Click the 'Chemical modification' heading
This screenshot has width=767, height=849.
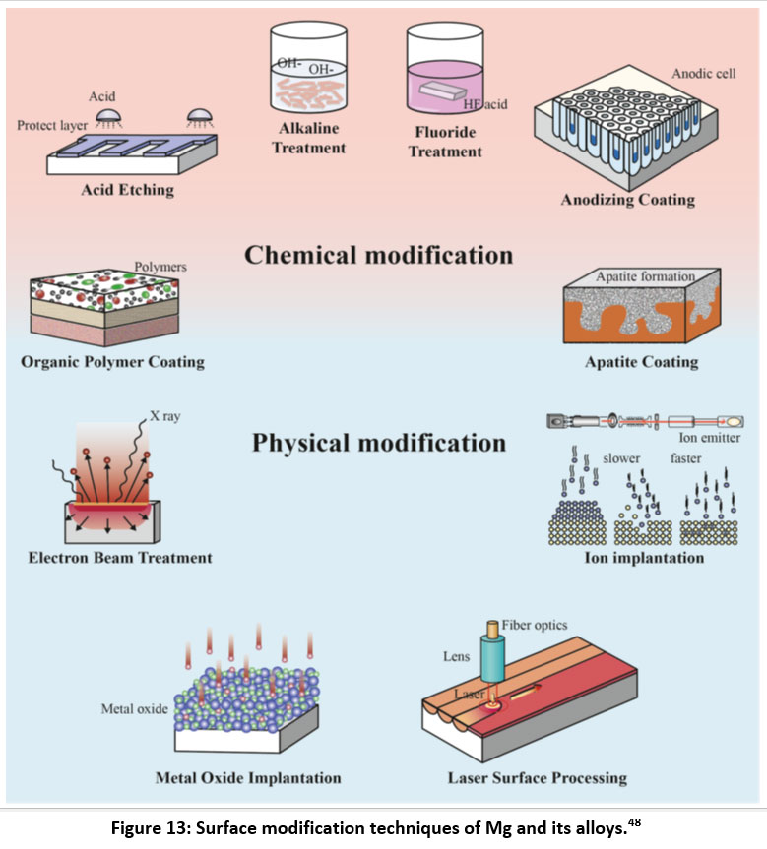(x=378, y=256)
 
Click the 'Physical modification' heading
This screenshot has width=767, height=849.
(x=379, y=443)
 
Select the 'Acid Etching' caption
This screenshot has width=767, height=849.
(x=127, y=190)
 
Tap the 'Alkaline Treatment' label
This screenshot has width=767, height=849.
(x=309, y=139)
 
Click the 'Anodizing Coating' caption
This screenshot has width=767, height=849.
(x=627, y=200)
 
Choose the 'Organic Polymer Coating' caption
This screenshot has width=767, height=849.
(x=112, y=361)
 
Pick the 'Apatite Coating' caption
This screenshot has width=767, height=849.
(x=641, y=362)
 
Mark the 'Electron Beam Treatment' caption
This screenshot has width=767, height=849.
(x=120, y=558)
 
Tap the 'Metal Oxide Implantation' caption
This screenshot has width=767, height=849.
(x=248, y=777)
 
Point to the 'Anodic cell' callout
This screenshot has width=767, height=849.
(x=704, y=74)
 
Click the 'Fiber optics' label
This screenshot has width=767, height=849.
(x=535, y=625)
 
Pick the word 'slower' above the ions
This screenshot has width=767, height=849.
(x=621, y=458)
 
